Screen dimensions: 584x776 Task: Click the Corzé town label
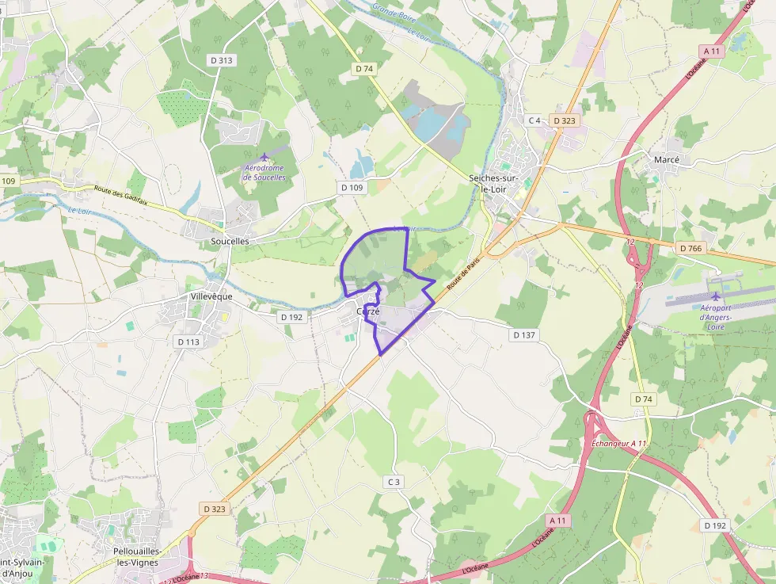point(368,311)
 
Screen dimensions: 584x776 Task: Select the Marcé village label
point(667,159)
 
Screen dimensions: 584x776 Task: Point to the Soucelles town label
point(230,240)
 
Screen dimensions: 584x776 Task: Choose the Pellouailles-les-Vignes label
point(136,556)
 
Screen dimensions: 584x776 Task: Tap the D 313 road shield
point(222,60)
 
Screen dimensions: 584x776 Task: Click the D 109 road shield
point(352,188)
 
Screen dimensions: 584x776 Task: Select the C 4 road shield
point(534,120)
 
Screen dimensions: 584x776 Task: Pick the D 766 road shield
point(691,249)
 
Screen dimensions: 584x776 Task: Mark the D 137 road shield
point(524,335)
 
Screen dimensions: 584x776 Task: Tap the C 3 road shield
point(394,482)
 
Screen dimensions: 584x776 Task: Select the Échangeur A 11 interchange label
point(619,444)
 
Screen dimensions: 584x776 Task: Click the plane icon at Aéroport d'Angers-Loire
point(717,296)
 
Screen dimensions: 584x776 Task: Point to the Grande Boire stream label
point(393,13)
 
